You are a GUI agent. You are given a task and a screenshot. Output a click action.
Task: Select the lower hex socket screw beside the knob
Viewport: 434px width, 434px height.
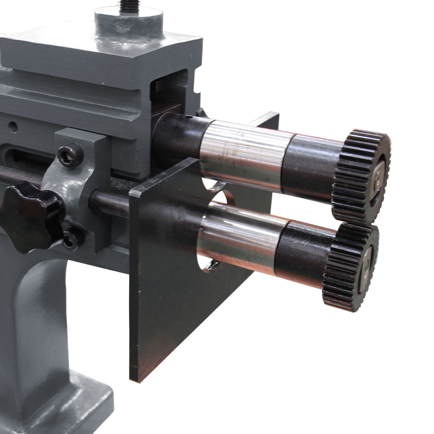click(71, 239)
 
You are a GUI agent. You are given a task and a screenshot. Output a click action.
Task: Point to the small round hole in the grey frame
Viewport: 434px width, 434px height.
click(13, 127)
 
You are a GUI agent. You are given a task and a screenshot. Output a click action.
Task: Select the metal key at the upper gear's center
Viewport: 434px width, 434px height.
click(378, 178)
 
